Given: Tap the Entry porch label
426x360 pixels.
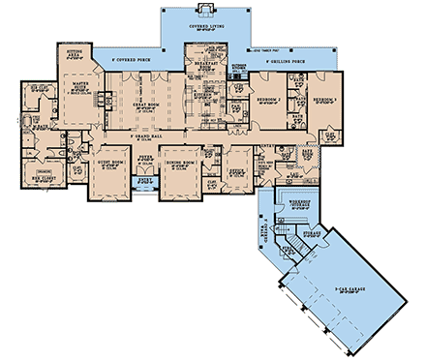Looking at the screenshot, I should coord(147,180).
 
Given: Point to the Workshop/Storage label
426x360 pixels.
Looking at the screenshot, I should coord(294,199).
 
